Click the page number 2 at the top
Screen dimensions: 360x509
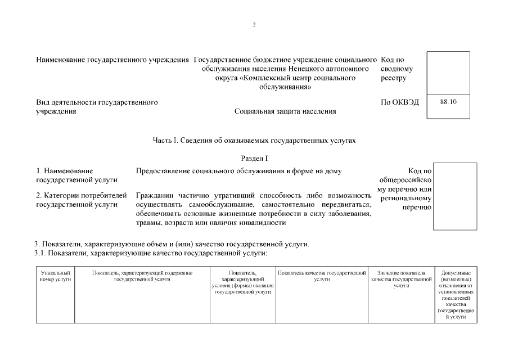[x=254, y=25]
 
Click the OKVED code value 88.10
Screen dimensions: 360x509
[x=448, y=102]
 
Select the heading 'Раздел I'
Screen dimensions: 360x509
[x=254, y=159]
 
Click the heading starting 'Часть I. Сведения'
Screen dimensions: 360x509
[x=254, y=139]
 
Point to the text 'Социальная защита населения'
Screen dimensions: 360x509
[x=285, y=111]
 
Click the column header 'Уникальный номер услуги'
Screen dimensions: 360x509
[x=55, y=276]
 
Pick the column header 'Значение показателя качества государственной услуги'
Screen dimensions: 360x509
[x=401, y=279]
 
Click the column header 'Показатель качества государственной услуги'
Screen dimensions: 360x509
[x=322, y=276]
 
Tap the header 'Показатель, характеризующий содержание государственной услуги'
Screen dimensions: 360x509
[x=142, y=276]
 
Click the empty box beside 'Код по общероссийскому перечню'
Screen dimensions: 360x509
[x=454, y=196]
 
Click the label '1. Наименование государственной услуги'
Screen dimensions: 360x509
[x=76, y=175]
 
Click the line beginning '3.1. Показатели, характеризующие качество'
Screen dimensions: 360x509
[x=150, y=253]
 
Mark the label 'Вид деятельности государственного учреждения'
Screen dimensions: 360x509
[x=96, y=107]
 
